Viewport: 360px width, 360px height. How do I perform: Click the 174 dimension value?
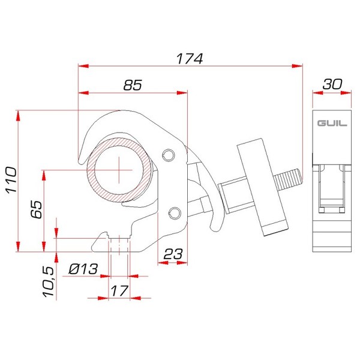[190, 59]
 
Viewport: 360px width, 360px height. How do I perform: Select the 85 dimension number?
[133, 85]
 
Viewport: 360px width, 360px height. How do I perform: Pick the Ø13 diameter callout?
[82, 269]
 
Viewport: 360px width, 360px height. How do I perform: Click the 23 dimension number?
[173, 253]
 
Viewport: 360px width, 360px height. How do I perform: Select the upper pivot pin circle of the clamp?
[169, 155]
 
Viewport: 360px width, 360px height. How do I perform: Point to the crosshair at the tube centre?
[120, 169]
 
